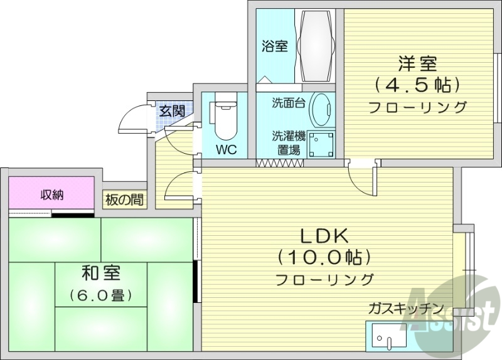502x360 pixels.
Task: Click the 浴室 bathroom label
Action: pos(275,46)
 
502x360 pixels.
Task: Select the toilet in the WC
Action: pos(223,120)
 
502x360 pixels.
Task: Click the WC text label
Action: pos(226,150)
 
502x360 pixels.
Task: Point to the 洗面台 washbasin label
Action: pos(289,103)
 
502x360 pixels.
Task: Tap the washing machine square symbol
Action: pos(321,144)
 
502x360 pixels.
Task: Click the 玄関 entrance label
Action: pos(171,112)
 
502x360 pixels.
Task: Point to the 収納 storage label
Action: pos(53,195)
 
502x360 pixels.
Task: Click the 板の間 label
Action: pos(124,201)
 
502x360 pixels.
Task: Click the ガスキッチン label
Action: pos(406,309)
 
